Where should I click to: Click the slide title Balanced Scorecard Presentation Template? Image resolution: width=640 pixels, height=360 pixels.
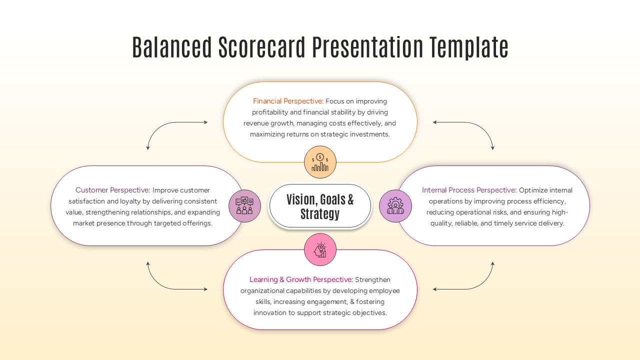(x=320, y=47)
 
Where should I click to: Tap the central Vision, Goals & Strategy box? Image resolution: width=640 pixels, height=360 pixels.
(x=320, y=206)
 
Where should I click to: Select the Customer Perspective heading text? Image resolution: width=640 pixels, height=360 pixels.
(x=112, y=190)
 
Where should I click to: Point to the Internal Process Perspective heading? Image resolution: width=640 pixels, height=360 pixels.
(x=469, y=190)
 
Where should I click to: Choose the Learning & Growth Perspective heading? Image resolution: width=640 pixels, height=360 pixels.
(x=301, y=280)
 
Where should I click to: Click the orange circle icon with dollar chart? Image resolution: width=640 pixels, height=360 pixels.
(x=320, y=162)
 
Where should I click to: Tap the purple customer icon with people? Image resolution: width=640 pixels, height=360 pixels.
(x=244, y=206)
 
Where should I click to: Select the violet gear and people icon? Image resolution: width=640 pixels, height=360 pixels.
(x=395, y=206)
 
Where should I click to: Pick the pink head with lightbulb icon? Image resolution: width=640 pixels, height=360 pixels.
(x=320, y=249)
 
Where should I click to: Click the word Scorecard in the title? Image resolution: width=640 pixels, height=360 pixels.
(x=261, y=47)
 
